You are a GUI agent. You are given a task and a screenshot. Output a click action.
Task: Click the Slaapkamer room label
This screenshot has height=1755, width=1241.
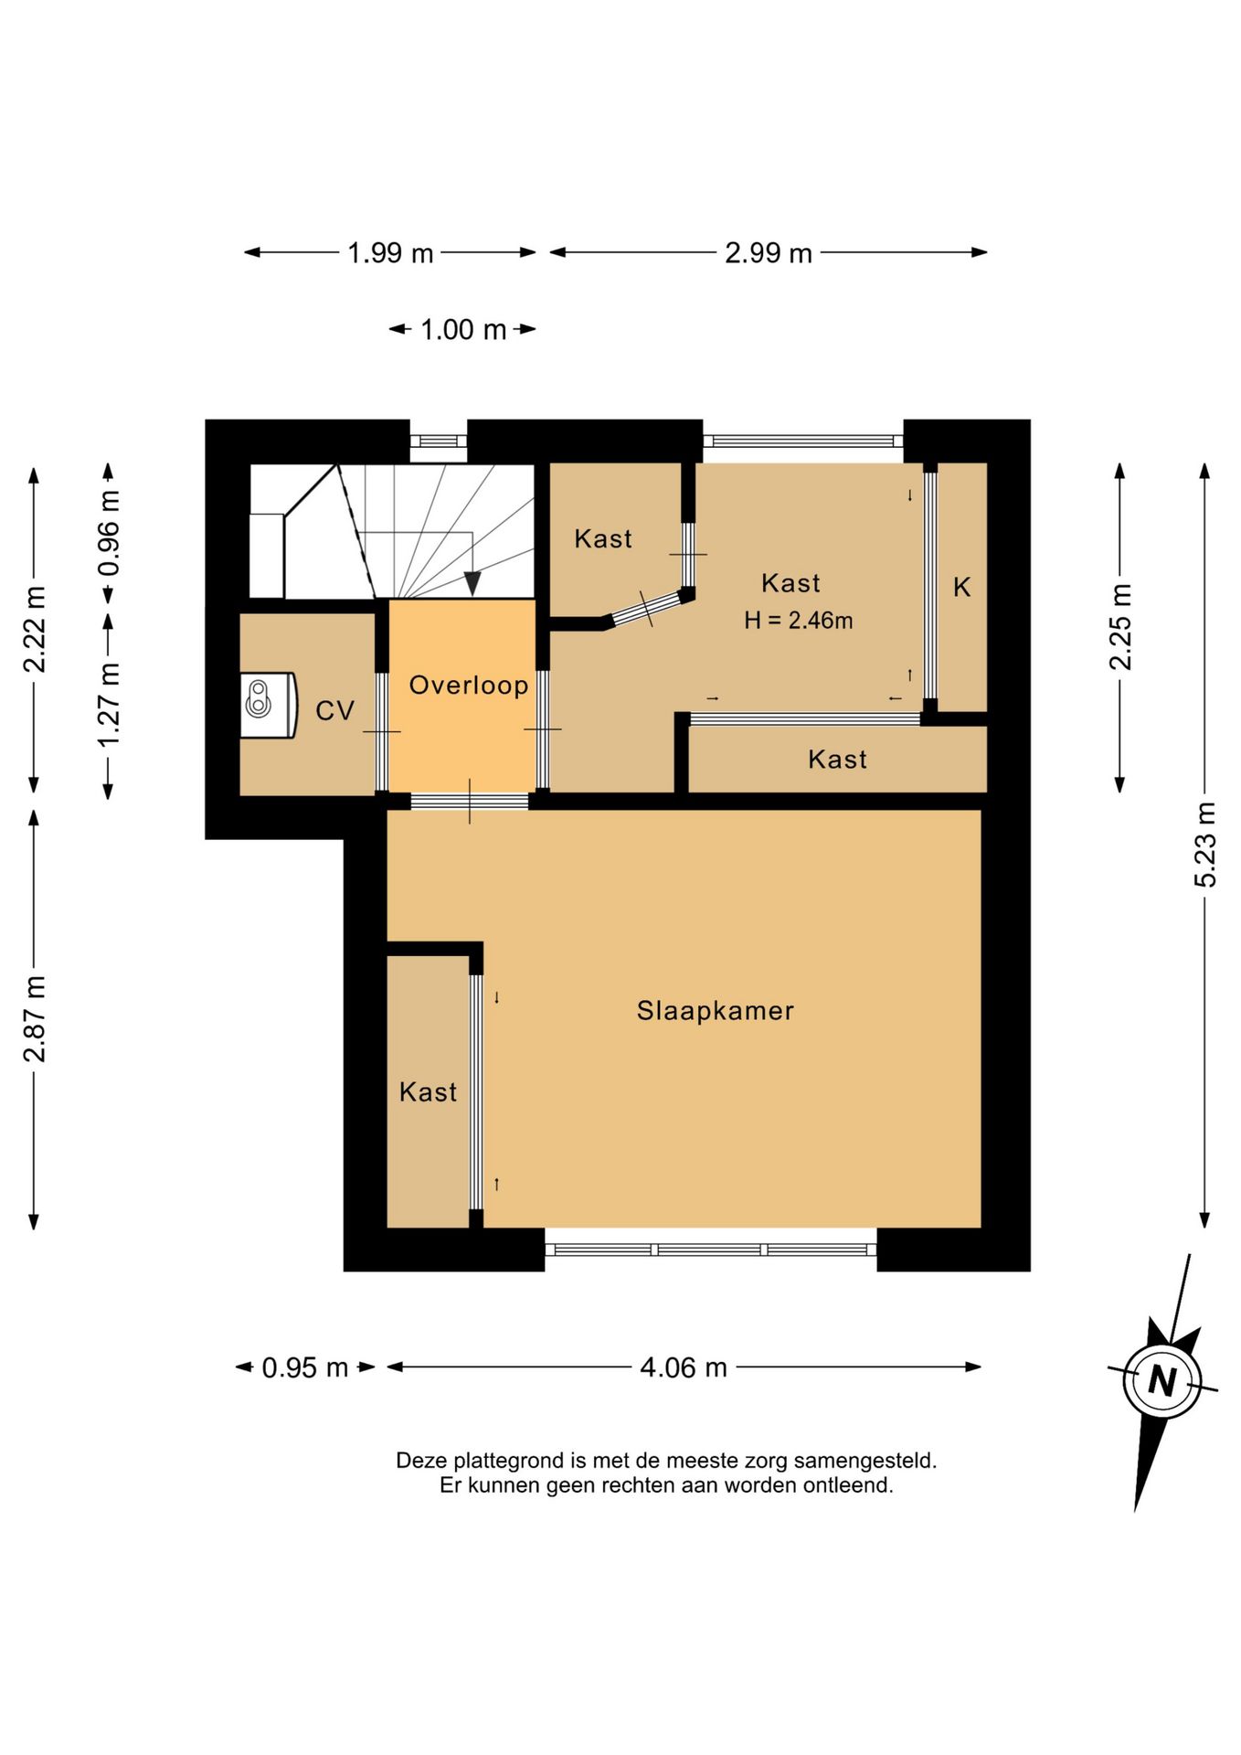click(x=715, y=1010)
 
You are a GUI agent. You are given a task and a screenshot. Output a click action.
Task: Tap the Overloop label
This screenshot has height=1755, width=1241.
click(x=468, y=685)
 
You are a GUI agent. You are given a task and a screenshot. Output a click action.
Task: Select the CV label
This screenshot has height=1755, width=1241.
click(x=334, y=710)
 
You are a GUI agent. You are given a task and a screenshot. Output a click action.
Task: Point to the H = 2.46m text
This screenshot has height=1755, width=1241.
click(x=798, y=621)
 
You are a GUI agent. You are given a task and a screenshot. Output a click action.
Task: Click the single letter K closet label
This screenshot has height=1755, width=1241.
click(x=961, y=587)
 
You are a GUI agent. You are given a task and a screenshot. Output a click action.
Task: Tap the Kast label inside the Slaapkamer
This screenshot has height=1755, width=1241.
click(x=428, y=1091)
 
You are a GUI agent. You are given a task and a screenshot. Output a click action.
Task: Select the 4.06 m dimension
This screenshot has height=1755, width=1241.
click(x=684, y=1367)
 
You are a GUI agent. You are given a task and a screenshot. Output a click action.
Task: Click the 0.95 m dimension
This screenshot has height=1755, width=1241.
click(x=305, y=1367)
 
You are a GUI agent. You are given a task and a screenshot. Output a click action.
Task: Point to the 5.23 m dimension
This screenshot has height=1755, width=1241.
click(x=1205, y=845)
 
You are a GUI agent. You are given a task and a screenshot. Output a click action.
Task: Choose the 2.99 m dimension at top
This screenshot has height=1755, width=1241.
click(x=769, y=252)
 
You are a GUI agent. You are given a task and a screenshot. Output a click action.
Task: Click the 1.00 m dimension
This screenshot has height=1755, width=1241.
click(x=463, y=329)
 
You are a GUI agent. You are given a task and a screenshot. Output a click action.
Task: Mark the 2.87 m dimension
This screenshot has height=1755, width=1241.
click(x=34, y=1019)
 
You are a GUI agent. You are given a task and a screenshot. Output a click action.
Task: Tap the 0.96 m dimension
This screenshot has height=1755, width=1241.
click(x=109, y=533)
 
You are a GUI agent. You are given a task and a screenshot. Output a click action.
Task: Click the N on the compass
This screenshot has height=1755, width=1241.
click(x=1161, y=1380)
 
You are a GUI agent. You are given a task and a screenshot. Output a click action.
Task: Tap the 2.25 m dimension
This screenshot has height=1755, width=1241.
click(x=1120, y=626)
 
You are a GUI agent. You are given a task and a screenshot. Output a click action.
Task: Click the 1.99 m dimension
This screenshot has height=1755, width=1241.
click(x=390, y=252)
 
